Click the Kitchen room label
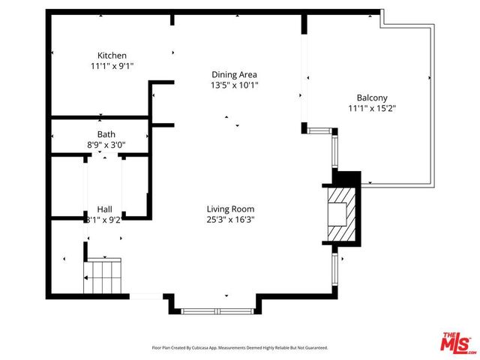point(112,55)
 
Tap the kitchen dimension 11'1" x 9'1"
point(112,66)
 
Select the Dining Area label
point(234,74)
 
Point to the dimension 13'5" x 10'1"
point(234,85)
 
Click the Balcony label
point(371,97)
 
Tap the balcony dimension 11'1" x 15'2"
point(371,108)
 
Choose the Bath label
point(106,135)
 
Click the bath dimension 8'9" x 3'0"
point(106,145)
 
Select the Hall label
point(104,209)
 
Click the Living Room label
point(230,209)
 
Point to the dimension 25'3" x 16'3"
point(230,220)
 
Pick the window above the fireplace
point(334,150)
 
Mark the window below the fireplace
point(334,270)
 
